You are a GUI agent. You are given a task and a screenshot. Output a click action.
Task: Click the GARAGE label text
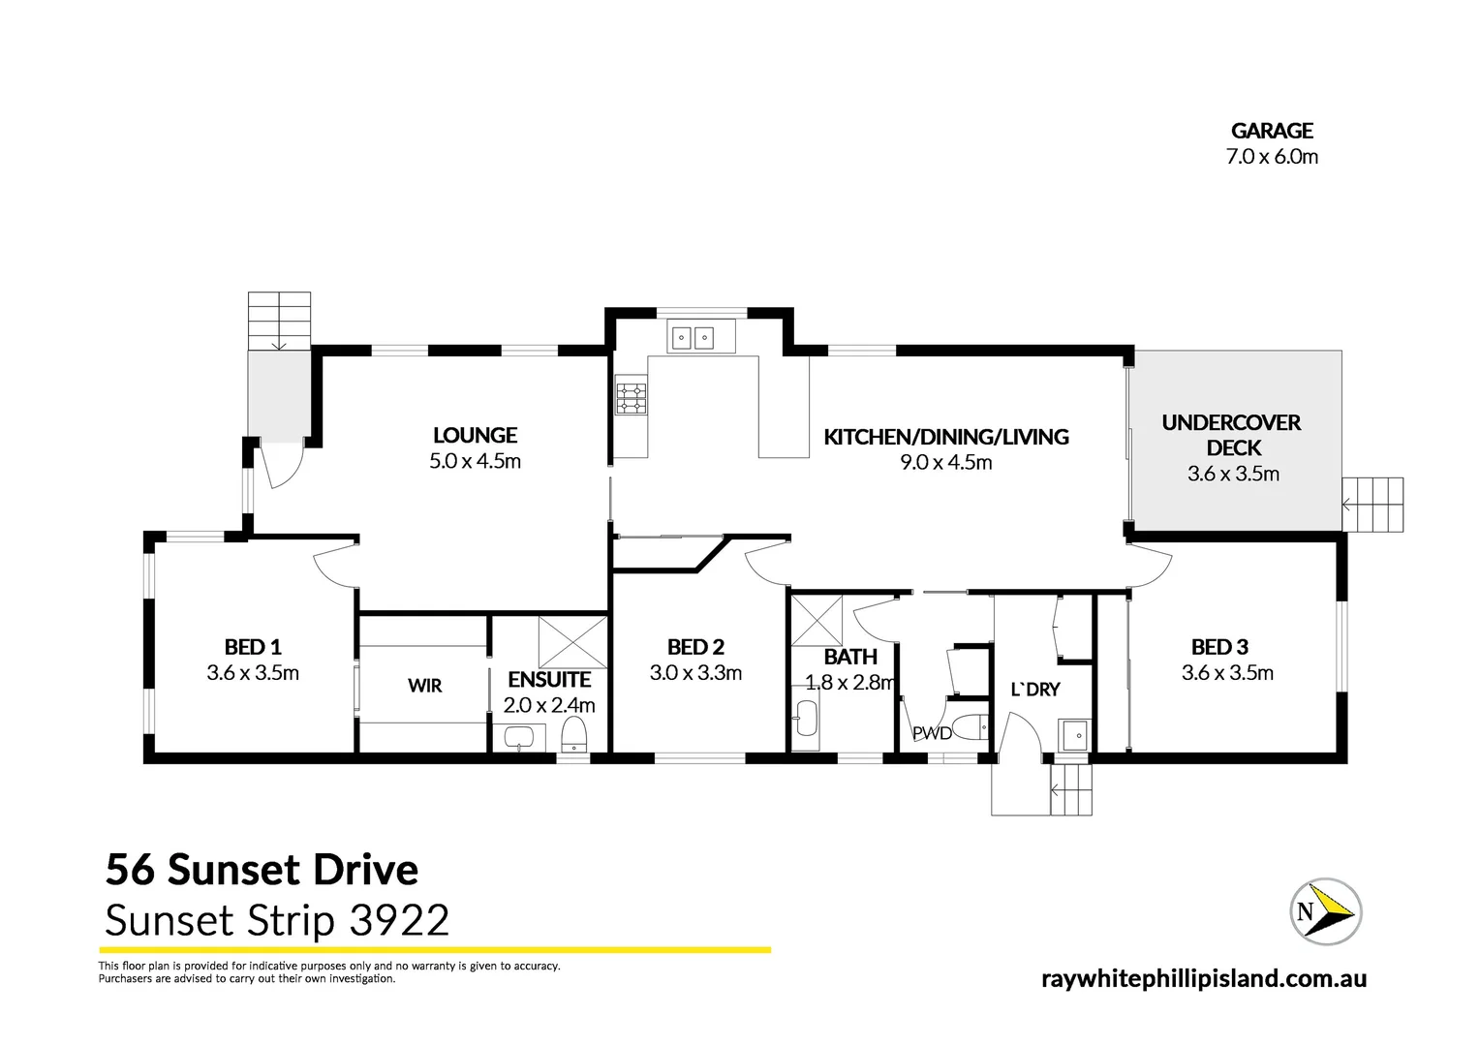tap(1272, 131)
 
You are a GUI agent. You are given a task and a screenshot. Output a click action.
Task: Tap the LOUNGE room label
tap(475, 436)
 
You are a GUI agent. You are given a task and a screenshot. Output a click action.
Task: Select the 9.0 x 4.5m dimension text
tap(945, 463)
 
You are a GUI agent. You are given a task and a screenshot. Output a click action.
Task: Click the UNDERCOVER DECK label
tap(1232, 435)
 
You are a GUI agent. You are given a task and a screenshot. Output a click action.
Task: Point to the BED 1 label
tap(253, 647)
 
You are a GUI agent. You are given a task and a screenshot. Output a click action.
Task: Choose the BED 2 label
tap(695, 647)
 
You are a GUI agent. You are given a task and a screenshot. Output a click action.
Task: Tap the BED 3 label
tap(1219, 647)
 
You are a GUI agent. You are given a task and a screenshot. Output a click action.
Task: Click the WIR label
tap(424, 686)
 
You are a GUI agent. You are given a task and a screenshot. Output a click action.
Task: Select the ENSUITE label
tap(549, 680)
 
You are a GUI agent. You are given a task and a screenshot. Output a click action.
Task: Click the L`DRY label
tap(1034, 690)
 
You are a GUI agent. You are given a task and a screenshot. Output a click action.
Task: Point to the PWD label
tap(932, 733)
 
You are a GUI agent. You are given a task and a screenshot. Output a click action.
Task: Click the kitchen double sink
tap(693, 337)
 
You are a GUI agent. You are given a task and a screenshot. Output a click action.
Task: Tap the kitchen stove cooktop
tap(632, 398)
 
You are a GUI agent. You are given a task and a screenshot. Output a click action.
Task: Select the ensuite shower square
tap(572, 642)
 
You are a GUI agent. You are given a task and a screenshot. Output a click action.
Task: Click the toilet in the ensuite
tap(575, 735)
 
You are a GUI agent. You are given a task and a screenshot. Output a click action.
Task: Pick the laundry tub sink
tap(1074, 735)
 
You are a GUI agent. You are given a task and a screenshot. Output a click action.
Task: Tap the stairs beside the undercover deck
tap(1372, 504)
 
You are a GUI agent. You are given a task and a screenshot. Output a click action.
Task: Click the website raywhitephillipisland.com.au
tap(1203, 978)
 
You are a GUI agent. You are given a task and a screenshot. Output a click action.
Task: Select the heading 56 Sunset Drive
tap(262, 870)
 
